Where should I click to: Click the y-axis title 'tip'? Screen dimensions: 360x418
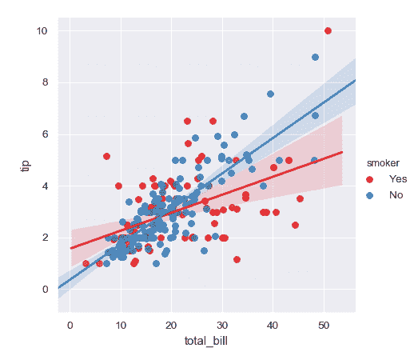tap(25, 164)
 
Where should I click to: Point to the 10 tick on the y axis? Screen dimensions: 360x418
tap(42, 31)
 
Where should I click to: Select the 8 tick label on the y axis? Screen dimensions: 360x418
tap(45, 82)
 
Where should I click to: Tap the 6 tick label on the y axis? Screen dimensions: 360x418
tap(45, 134)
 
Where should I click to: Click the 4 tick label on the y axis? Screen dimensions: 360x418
tap(45, 186)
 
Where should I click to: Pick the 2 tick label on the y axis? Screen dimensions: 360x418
tap(45, 238)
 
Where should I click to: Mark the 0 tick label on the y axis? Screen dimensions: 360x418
tap(45, 289)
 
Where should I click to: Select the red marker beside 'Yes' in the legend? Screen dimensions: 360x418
tap(368, 178)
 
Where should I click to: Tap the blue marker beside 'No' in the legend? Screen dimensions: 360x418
tap(368, 194)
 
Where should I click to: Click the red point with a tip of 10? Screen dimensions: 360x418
tap(328, 30)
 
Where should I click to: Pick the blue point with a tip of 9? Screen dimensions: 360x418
tap(315, 57)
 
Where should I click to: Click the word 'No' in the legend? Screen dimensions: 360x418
tap(396, 194)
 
